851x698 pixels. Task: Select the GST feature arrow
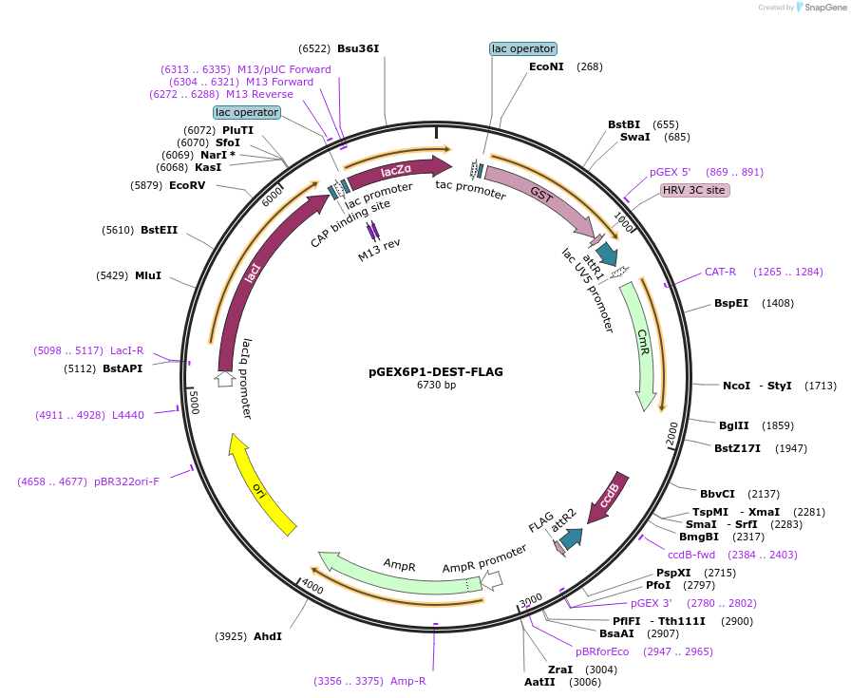[541, 195]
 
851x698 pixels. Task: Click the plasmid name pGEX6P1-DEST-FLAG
[436, 371]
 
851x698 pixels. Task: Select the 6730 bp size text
[436, 386]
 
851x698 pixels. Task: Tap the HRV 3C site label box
[694, 190]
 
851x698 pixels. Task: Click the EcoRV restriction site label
[187, 185]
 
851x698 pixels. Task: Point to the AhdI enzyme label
[267, 635]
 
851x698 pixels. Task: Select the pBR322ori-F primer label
[126, 481]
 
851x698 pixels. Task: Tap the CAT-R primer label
[720, 273]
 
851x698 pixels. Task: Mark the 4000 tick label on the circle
[313, 588]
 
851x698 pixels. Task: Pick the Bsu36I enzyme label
[365, 48]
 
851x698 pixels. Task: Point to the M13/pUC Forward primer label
[284, 69]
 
